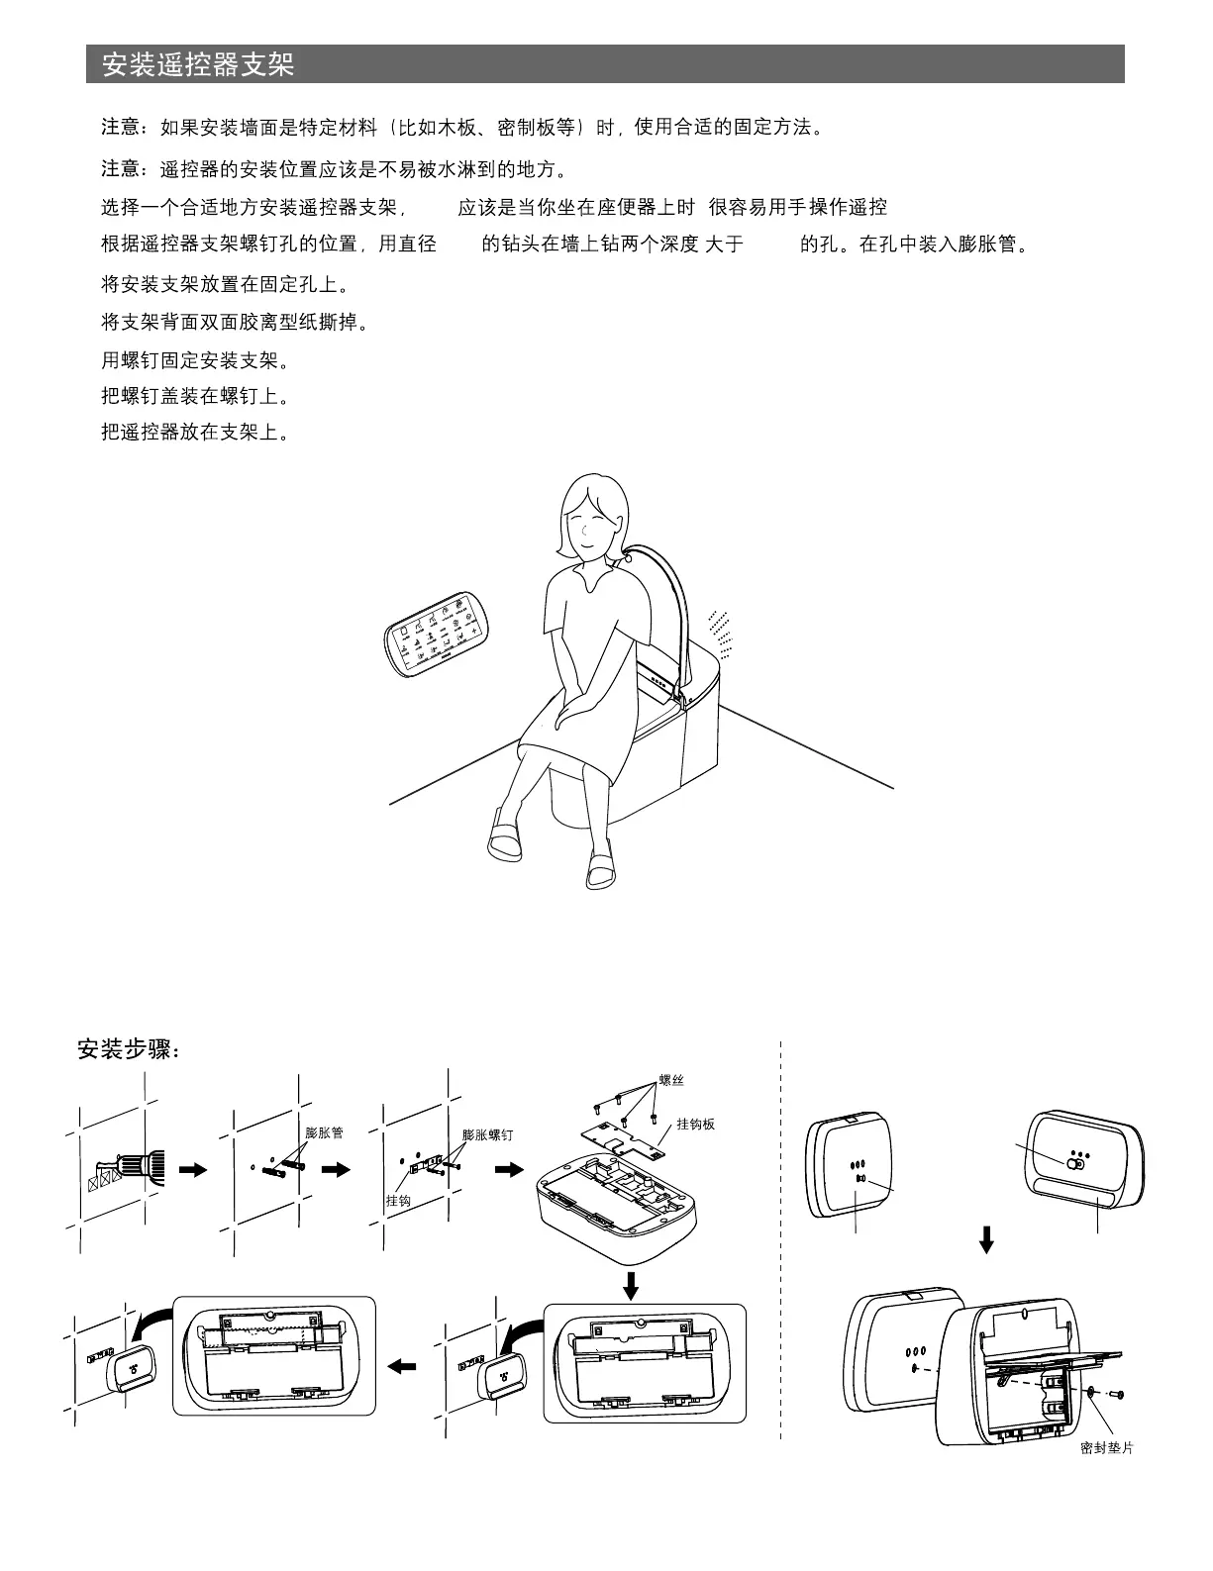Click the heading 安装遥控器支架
pyautogui.click(x=198, y=65)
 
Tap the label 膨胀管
pyautogui.click(x=324, y=1132)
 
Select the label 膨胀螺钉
pyautogui.click(x=487, y=1134)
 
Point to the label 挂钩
pyautogui.click(x=398, y=1200)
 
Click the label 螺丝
pyautogui.click(x=670, y=1080)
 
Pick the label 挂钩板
pyautogui.click(x=695, y=1124)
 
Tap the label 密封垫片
pyautogui.click(x=1106, y=1448)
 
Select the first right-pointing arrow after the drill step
pyautogui.click(x=193, y=1169)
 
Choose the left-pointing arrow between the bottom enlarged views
pyautogui.click(x=402, y=1367)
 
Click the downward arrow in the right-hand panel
pyautogui.click(x=985, y=1239)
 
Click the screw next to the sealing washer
pyautogui.click(x=1116, y=1395)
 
